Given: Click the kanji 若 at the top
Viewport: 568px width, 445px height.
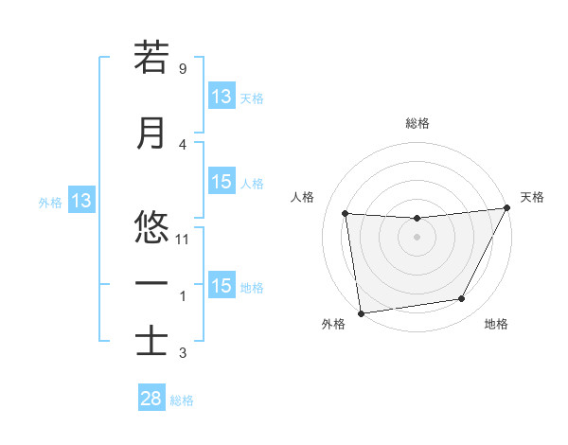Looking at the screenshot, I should click(x=151, y=59).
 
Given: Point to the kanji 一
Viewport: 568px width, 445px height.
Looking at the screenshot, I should click(x=151, y=283).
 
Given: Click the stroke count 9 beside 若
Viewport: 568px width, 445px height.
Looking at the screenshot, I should click(x=182, y=69).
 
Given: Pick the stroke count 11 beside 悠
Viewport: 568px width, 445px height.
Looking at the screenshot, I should click(x=184, y=240).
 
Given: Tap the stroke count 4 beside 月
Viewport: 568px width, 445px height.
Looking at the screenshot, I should click(x=182, y=145).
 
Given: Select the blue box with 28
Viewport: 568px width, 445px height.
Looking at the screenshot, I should click(x=151, y=399).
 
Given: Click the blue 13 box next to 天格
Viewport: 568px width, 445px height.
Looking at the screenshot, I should click(x=222, y=97).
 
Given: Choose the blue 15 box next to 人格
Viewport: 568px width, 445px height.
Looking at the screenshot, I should click(x=222, y=183).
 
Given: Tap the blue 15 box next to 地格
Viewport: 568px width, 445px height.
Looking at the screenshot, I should click(x=222, y=286).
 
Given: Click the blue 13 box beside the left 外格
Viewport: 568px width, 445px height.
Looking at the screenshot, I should click(x=81, y=201).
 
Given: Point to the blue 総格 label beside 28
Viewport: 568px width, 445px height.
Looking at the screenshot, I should click(x=183, y=400).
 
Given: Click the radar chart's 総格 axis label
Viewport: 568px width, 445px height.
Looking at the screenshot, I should click(x=417, y=123).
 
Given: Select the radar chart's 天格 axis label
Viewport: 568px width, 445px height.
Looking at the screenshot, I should click(x=532, y=197).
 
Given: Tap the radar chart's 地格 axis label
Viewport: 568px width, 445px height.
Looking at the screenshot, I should click(x=496, y=325).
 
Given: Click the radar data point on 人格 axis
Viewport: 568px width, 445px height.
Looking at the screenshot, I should click(x=345, y=213).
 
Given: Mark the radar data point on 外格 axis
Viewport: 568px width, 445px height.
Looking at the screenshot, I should click(x=361, y=312).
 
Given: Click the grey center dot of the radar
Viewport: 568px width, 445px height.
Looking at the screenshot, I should click(x=417, y=237).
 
